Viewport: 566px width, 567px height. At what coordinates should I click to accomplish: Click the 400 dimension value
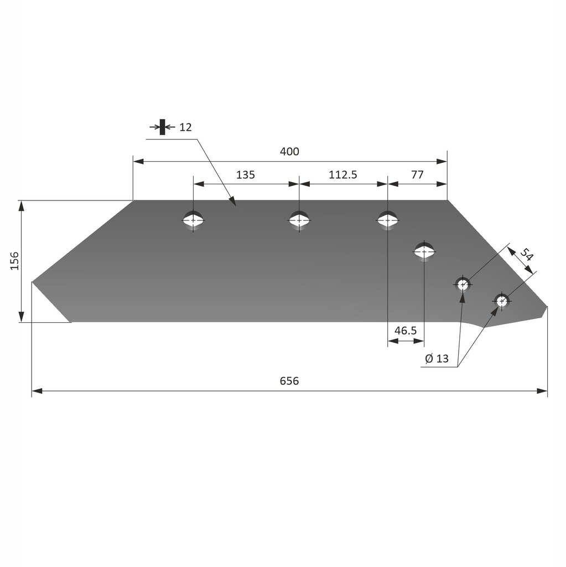pos(289,152)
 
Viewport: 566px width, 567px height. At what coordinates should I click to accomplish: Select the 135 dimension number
pos(246,175)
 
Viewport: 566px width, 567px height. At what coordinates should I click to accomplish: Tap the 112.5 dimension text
pos(343,175)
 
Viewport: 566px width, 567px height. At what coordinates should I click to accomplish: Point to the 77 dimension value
pos(417,175)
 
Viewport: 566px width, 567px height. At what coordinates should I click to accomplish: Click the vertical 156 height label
pos(14,260)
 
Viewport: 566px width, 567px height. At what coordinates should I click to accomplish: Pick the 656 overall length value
pos(289,382)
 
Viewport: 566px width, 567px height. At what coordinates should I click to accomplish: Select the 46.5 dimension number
pos(405,331)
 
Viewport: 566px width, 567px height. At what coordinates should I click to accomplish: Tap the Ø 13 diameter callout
pos(437,359)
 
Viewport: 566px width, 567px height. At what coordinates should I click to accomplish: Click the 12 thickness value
pos(185,127)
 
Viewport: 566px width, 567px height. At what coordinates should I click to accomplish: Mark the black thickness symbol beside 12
pos(162,127)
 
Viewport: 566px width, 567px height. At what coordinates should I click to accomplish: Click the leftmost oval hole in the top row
pos(193,220)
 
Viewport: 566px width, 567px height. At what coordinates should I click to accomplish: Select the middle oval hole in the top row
pos(299,220)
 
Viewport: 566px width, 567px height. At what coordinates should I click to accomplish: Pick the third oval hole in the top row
pos(387,220)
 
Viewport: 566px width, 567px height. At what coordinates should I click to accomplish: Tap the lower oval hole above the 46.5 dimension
pos(424,252)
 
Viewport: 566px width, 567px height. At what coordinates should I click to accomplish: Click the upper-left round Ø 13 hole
pos(463,285)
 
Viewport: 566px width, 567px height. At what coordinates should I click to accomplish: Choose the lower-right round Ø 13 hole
pos(502,301)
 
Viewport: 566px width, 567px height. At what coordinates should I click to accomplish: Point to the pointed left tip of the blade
pos(33,282)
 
